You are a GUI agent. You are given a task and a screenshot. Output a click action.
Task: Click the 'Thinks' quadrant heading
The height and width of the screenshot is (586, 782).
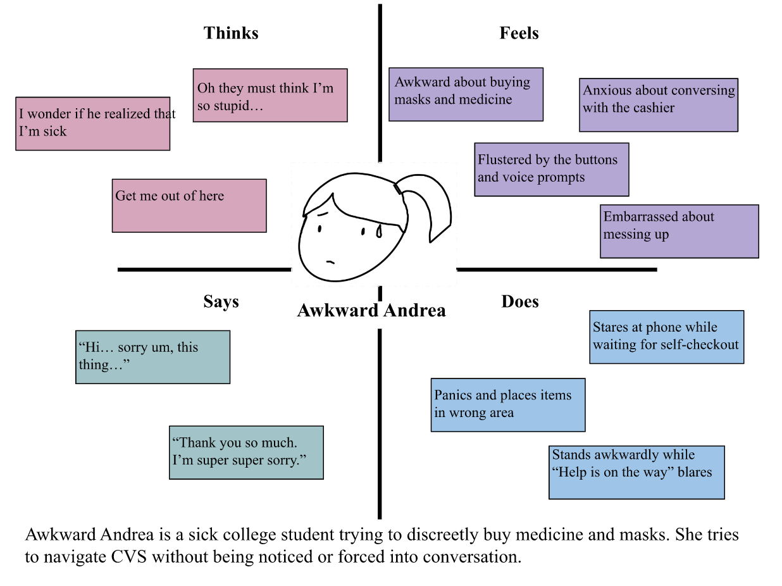tap(231, 33)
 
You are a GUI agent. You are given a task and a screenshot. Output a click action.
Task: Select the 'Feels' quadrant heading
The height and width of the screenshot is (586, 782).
tap(519, 33)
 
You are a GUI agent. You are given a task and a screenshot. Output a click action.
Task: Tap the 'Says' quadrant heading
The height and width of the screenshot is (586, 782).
tap(221, 301)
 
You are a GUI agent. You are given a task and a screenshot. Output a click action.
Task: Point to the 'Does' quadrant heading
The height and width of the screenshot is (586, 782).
tap(520, 301)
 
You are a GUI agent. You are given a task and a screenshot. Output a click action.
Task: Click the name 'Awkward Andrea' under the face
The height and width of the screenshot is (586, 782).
tap(371, 311)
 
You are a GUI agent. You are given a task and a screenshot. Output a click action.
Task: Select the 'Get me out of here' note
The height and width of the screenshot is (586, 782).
tap(189, 206)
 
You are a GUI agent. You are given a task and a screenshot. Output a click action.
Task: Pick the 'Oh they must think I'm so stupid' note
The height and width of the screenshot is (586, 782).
tap(270, 95)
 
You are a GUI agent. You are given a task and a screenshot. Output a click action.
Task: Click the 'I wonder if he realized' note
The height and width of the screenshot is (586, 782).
tap(92, 123)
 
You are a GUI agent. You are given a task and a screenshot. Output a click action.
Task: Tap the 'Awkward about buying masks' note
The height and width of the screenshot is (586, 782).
tap(466, 94)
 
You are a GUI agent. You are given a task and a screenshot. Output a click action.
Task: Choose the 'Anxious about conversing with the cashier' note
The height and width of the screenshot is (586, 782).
tap(659, 104)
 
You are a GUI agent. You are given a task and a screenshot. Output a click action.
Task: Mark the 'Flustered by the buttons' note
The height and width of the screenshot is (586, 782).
tap(552, 169)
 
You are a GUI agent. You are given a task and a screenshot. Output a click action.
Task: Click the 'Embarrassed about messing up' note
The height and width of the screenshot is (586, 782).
tap(679, 231)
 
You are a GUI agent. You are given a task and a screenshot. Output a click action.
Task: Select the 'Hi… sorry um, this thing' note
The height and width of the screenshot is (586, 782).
tap(152, 357)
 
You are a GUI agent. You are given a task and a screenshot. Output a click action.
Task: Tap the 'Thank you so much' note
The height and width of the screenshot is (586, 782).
tap(246, 452)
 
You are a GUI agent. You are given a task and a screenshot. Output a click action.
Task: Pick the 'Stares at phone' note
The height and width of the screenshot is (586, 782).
tap(666, 337)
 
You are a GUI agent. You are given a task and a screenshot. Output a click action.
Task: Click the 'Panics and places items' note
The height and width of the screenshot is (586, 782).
tap(508, 405)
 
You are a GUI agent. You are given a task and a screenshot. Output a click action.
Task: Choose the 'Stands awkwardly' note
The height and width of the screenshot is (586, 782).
tap(636, 472)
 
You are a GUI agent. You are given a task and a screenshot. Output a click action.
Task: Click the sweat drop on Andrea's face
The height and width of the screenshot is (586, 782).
tap(378, 232)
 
